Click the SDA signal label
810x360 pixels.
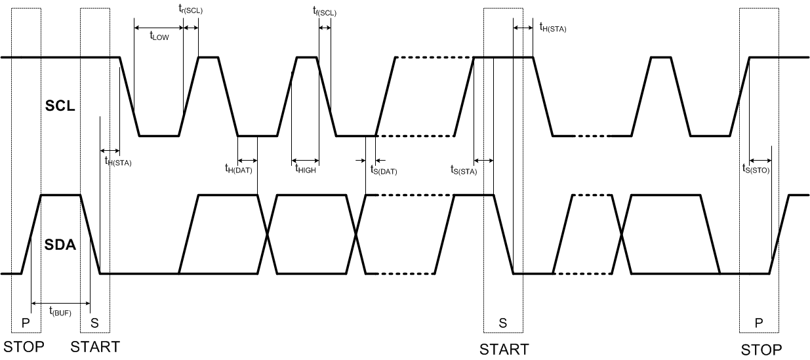tap(60, 247)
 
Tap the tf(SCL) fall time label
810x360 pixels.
tap(325, 10)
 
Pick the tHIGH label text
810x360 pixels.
tap(306, 169)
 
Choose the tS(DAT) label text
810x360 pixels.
tap(384, 170)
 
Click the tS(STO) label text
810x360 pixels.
tap(756, 169)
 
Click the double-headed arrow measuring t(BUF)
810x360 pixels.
tap(60, 303)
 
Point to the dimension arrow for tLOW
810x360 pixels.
tap(158, 28)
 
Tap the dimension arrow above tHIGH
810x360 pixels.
tap(305, 160)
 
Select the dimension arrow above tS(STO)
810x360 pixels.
tap(760, 160)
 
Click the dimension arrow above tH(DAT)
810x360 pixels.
tap(247, 160)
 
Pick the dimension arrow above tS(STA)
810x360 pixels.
tap(483, 160)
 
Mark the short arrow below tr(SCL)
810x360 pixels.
tap(191, 28)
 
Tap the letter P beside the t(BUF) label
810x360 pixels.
tap(26, 323)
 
